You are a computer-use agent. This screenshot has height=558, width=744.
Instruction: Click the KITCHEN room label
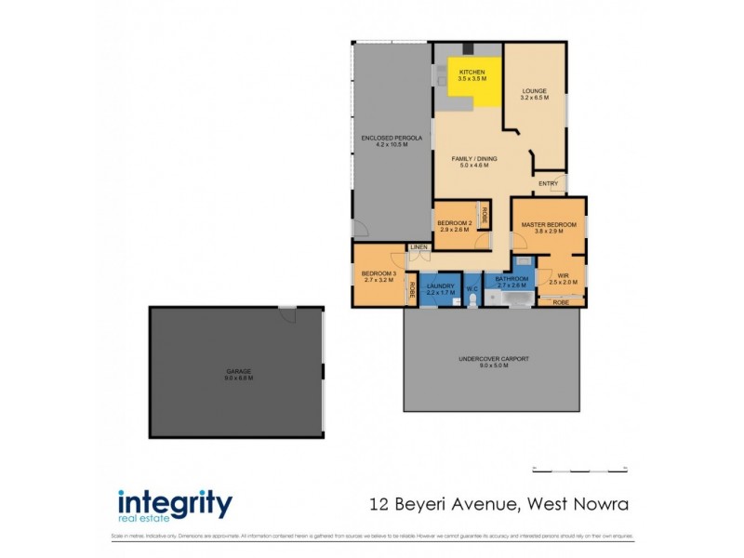(472, 72)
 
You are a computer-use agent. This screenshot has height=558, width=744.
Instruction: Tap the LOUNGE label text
(534, 91)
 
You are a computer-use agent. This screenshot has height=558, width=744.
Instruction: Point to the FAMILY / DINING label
(474, 159)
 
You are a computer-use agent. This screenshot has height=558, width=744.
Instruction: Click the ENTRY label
(548, 183)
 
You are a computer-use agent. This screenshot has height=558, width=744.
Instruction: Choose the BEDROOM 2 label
(456, 223)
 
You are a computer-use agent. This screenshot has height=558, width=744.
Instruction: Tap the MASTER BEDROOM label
(549, 225)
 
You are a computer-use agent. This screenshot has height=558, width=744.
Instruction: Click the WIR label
(563, 275)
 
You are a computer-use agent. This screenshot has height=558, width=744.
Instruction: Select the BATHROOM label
(511, 279)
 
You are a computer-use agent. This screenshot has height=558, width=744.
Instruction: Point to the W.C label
(472, 289)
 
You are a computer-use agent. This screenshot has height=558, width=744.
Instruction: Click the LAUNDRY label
(441, 286)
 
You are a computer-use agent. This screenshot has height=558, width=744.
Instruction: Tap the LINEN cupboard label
(418, 246)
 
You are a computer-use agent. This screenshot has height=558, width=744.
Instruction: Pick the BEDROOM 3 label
(379, 273)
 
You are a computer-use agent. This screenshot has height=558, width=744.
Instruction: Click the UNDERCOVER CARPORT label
(490, 359)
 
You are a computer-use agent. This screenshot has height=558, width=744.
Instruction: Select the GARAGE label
(238, 373)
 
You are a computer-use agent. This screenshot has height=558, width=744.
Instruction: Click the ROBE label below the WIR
(561, 302)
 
